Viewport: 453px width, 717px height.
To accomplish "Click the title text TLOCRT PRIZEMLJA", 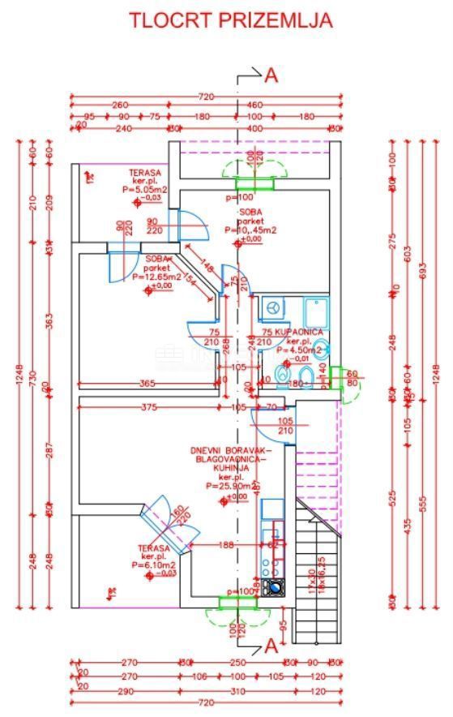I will [231, 20].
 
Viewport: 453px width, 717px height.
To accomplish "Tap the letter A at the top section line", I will [271, 75].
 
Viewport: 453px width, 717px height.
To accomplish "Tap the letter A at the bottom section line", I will [271, 646].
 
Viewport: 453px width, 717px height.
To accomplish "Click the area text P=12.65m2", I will [156, 276].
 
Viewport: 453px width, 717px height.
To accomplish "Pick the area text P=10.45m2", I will [253, 230].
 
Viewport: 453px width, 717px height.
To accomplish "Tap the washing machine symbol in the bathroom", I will [273, 309].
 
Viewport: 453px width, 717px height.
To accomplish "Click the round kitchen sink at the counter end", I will [276, 588].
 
